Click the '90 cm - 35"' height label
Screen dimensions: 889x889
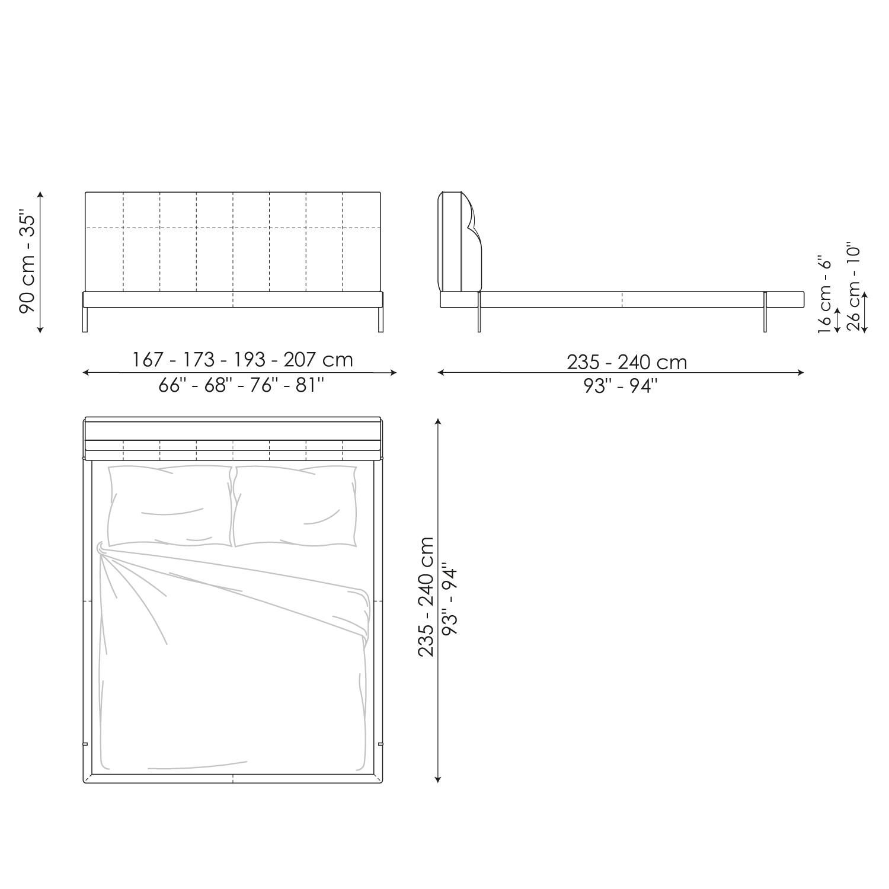tap(28, 261)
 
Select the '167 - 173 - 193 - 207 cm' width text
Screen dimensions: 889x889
tap(242, 360)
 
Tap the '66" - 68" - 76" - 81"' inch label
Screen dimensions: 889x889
tap(241, 386)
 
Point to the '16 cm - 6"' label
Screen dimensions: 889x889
tap(824, 295)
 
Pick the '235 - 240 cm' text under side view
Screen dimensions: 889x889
tap(626, 362)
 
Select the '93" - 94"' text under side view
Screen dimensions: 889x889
tap(620, 386)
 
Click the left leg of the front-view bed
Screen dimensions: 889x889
tap(85, 320)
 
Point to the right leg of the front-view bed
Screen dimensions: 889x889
tap(379, 320)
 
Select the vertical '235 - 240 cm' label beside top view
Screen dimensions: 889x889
tap(426, 596)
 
